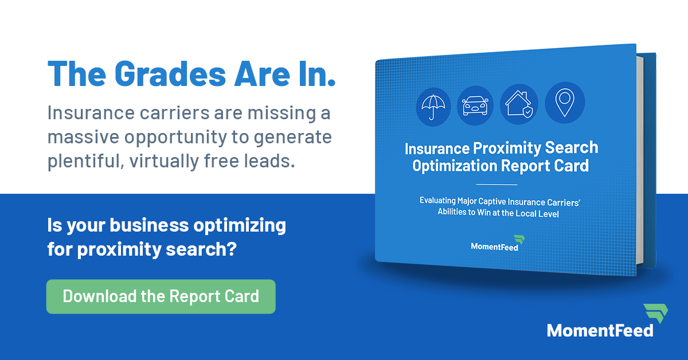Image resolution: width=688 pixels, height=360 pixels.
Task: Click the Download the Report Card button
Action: point(161,296)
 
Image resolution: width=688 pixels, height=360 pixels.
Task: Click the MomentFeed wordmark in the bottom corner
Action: point(599,330)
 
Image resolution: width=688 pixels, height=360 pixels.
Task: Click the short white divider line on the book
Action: point(497,185)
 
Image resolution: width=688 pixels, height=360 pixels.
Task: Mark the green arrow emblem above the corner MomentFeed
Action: point(654,313)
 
